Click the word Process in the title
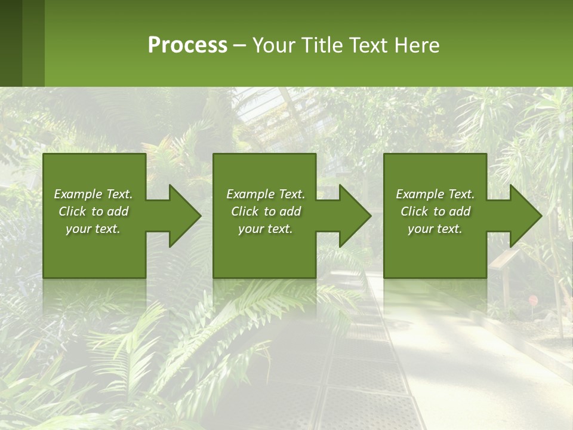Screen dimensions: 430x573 coord(187,45)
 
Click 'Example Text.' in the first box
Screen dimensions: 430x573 coord(93,194)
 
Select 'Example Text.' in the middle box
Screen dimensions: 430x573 coord(266,194)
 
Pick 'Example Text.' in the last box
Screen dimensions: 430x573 coord(435,194)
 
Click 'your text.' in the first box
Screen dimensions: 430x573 coord(93,229)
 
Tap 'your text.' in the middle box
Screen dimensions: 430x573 coord(266,229)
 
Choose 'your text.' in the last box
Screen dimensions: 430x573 coord(435,229)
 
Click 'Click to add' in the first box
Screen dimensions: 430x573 coord(93,211)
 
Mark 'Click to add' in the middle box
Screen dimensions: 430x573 coord(266,211)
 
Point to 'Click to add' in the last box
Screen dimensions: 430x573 coord(435,211)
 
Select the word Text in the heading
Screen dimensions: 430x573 coord(368,45)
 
